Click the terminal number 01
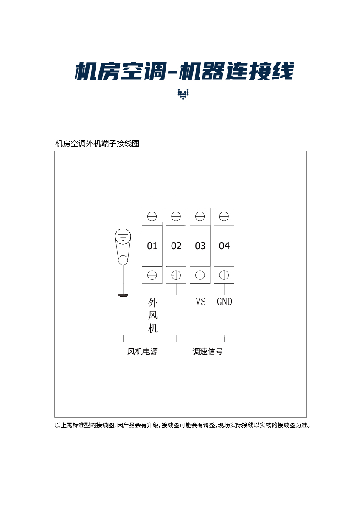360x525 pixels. click(152, 246)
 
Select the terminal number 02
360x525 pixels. click(176, 246)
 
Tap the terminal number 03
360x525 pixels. click(200, 246)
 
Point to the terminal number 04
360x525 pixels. click(224, 246)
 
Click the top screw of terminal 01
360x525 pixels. click(152, 217)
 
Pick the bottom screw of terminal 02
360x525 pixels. click(176, 275)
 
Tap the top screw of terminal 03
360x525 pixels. click(200, 217)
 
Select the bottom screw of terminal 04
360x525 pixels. click(224, 275)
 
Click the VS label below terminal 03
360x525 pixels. click(200, 302)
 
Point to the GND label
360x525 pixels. click(225, 302)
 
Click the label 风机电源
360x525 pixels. click(143, 352)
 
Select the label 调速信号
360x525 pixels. click(208, 352)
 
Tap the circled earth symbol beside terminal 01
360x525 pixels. click(123, 236)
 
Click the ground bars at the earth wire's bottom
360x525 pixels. click(123, 296)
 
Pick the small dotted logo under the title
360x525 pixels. click(183, 94)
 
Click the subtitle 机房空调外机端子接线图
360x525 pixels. click(98, 144)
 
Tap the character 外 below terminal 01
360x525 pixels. click(153, 302)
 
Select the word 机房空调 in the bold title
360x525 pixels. click(119, 71)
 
